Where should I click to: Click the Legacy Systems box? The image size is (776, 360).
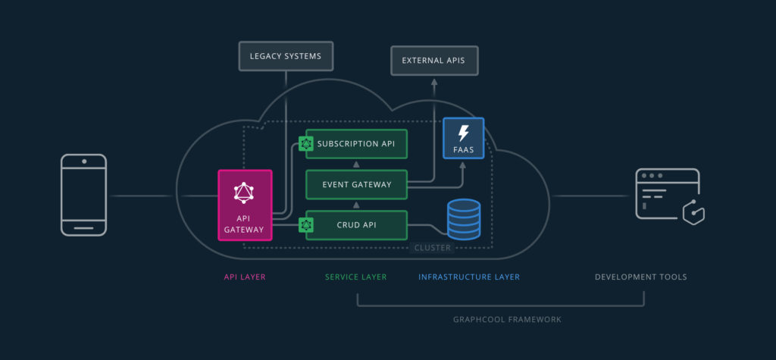point(286,56)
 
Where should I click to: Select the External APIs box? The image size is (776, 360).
point(434,61)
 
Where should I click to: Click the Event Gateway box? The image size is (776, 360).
point(356,184)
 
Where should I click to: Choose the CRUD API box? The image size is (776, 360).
point(356,225)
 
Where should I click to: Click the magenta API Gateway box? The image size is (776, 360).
point(244,205)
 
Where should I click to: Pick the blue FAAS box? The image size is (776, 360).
point(463,138)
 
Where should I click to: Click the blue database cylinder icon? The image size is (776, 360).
point(464,218)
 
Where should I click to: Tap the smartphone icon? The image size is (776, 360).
point(83,196)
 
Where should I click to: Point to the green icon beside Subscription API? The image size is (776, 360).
point(306,143)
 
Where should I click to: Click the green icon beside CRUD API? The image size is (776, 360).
point(306,225)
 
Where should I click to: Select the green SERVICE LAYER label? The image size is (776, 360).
point(355,277)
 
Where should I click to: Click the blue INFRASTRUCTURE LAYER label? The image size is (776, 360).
point(469,277)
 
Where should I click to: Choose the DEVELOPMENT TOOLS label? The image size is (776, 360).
point(640,277)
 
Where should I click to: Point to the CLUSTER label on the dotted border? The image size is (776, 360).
point(432,248)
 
